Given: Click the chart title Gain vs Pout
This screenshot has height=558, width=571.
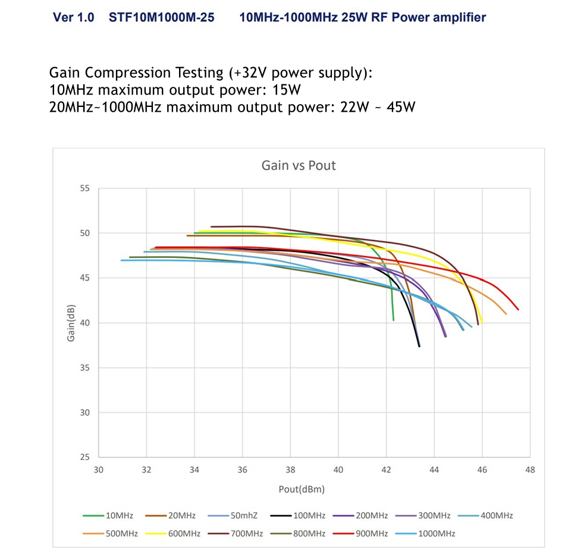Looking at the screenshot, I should pos(299,165).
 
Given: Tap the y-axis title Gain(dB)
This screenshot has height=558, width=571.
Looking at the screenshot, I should pos(71,323).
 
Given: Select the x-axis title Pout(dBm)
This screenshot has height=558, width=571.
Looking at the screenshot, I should pos(302,490).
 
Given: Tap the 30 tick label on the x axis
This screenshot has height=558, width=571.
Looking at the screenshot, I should pos(99,469).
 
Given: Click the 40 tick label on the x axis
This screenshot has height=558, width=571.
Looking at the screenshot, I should pos(338,469).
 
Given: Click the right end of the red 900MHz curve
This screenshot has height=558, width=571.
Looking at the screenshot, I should pos(518,309).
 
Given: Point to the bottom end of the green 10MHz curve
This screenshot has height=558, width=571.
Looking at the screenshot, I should pos(393,320).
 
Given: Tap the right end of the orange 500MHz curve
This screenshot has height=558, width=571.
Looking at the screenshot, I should pos(506,314).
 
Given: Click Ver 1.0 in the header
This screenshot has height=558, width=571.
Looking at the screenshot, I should pos(74,17).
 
